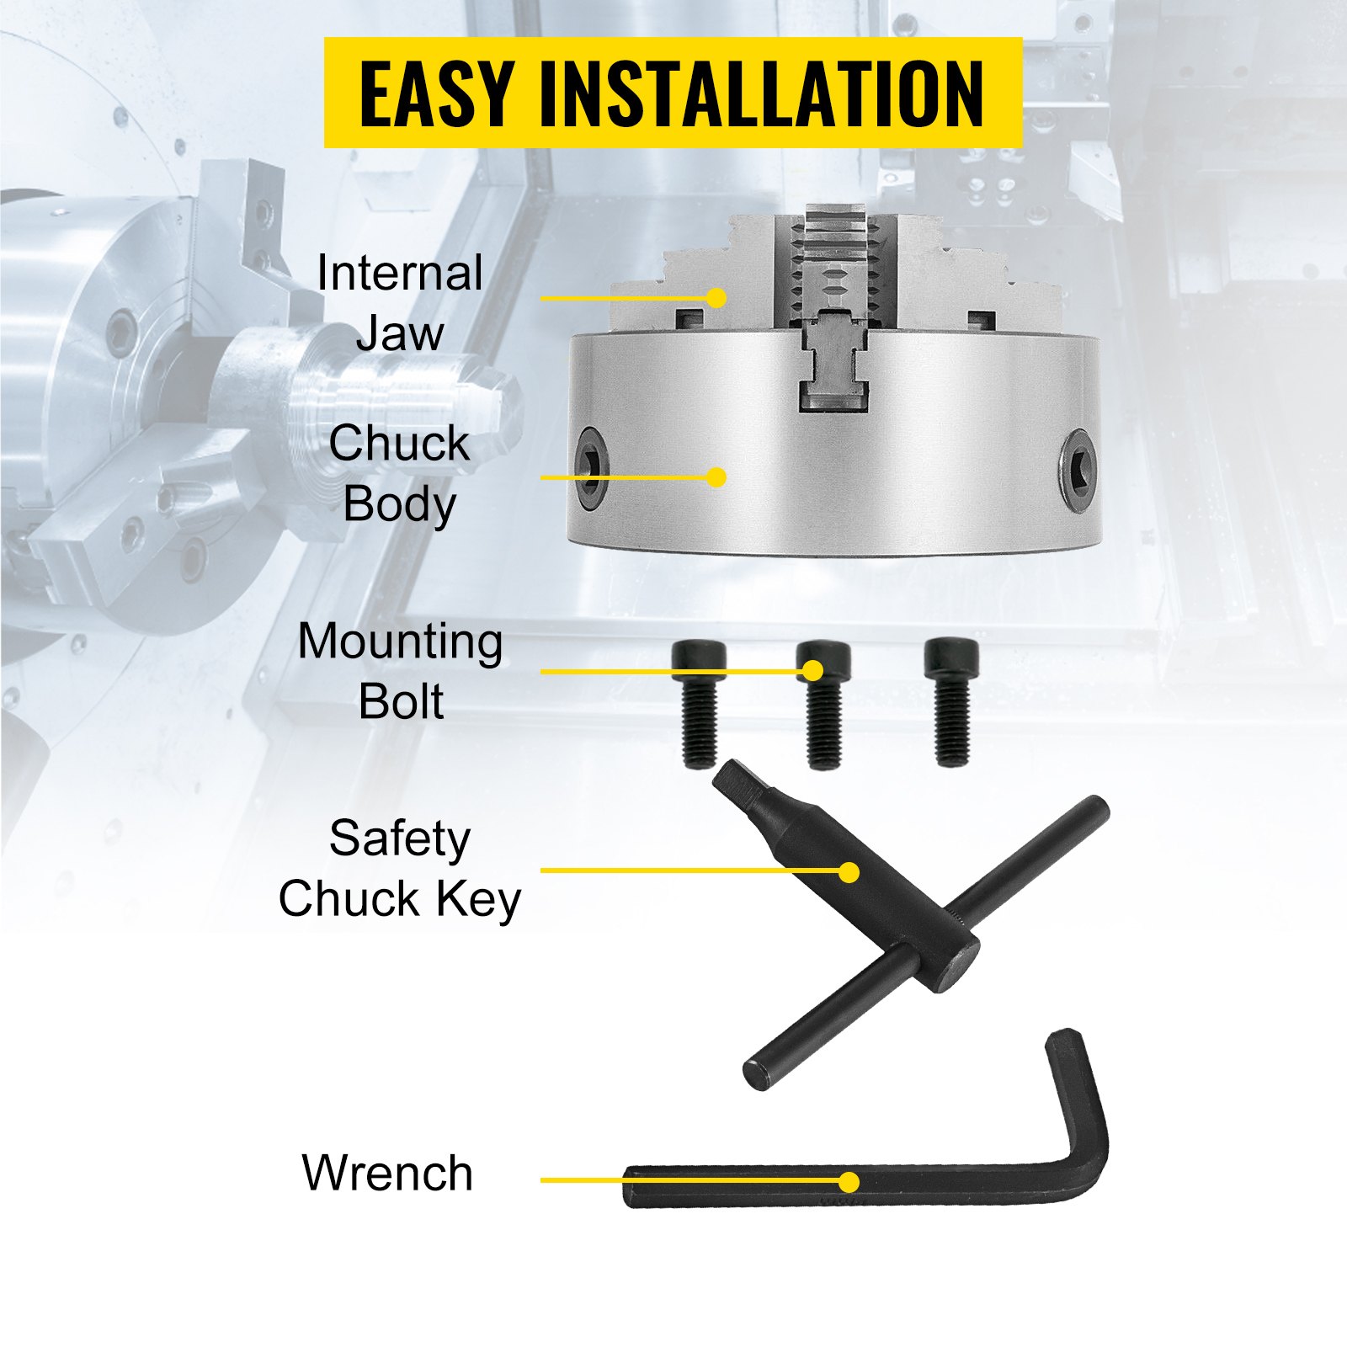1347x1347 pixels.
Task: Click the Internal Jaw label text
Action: tap(400, 302)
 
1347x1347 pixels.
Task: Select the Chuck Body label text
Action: tap(399, 473)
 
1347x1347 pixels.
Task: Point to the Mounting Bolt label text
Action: tap(401, 671)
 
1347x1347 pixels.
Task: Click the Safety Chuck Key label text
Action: tap(400, 869)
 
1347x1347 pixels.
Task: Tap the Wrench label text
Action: tap(387, 1173)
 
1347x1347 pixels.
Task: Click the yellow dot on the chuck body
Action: tap(716, 477)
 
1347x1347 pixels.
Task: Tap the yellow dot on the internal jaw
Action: tap(716, 298)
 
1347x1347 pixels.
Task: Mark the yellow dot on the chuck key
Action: tap(849, 872)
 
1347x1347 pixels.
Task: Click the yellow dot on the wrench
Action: tap(849, 1182)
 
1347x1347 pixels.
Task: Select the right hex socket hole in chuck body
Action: tap(1078, 470)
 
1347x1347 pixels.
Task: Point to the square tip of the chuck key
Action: tap(732, 778)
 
